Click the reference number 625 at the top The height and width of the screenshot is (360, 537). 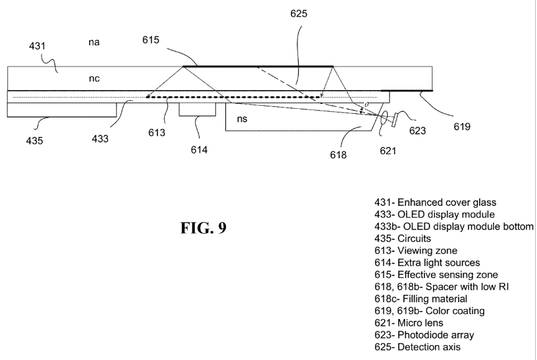tap(299, 14)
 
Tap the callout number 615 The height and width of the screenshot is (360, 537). tap(151, 40)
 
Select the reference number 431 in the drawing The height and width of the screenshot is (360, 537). tap(37, 46)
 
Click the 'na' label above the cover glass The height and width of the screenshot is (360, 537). tap(94, 42)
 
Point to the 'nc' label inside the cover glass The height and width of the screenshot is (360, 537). tap(94, 78)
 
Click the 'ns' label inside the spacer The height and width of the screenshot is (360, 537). tap(242, 119)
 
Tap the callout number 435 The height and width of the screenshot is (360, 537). tap(35, 141)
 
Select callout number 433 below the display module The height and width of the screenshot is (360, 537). tap(100, 139)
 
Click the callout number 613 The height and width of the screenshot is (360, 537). tap(157, 132)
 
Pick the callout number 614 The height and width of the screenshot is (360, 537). tap(199, 150)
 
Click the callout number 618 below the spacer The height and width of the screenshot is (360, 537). tap(339, 155)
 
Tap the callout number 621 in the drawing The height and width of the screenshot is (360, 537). tap(388, 151)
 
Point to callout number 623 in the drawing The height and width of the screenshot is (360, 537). tap(418, 131)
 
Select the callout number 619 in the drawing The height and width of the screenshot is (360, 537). tap(462, 127)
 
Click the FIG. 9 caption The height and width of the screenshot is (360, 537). tap(203, 228)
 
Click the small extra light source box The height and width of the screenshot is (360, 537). tap(197, 109)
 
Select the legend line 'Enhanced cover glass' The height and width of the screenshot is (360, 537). tap(436, 203)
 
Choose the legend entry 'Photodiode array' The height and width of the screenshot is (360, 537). tap(424, 335)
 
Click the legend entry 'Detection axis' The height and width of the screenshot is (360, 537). tap(418, 347)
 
